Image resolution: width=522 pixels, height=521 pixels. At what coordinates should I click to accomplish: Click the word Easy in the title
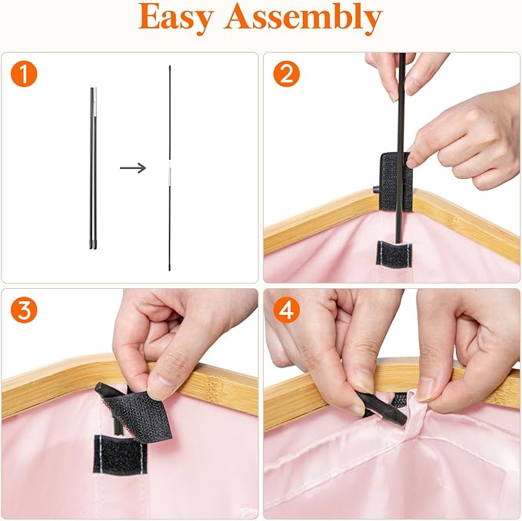(x=175, y=18)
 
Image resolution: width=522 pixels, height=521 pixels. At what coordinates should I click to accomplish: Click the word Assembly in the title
(x=304, y=18)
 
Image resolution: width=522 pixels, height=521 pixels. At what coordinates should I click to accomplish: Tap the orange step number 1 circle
(x=24, y=74)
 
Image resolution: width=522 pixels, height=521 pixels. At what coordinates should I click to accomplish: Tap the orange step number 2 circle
(x=287, y=74)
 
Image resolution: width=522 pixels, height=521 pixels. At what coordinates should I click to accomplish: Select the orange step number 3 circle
(x=24, y=310)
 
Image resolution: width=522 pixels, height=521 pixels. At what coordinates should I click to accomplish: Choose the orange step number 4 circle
(x=287, y=310)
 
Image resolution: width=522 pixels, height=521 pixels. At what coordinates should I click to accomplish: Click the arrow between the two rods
(x=133, y=168)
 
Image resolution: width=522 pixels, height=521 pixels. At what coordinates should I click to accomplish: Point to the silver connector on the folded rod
(x=95, y=102)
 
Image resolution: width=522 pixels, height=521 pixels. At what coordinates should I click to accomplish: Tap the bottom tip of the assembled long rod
(x=169, y=269)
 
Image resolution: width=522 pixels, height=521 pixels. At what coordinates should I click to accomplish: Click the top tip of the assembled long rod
(x=169, y=67)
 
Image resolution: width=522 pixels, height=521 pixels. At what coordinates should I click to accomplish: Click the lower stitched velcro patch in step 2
(x=394, y=254)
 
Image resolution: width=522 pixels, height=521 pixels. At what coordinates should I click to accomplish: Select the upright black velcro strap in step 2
(x=396, y=181)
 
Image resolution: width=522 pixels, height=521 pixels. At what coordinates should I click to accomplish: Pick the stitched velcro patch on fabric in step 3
(x=120, y=454)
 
